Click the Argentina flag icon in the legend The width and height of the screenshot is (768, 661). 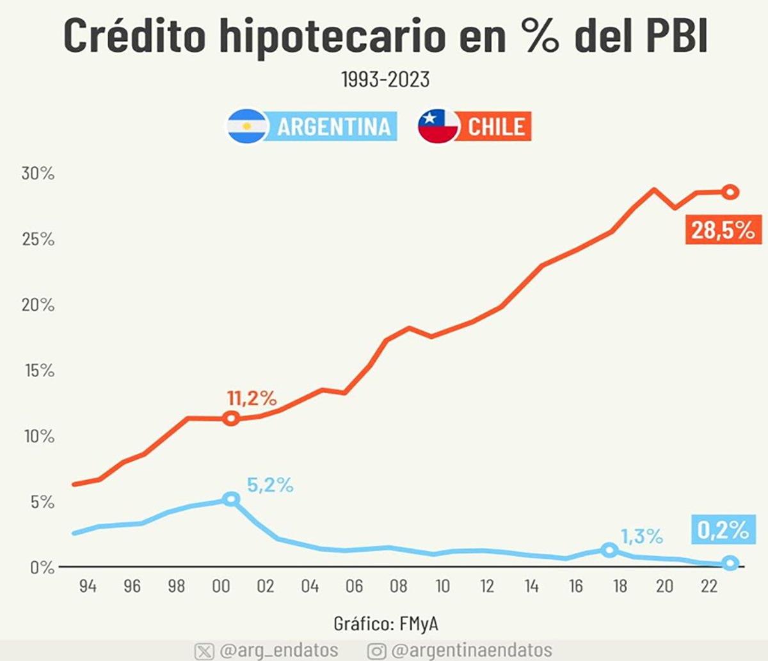coord(247,126)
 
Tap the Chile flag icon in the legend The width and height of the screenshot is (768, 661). coord(438,126)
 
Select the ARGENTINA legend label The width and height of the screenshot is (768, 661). coord(333,127)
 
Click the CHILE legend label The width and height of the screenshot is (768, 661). coord(496,127)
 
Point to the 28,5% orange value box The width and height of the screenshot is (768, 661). coord(723,229)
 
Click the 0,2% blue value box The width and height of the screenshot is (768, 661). coord(723,529)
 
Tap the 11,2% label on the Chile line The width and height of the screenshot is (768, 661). coord(252,399)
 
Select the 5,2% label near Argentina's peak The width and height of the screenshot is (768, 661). coord(270,486)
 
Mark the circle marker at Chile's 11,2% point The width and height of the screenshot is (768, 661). coord(231,419)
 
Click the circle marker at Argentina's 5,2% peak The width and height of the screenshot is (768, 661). coord(231,499)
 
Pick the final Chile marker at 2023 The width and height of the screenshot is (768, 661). coord(730,192)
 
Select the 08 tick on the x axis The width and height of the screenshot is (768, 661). coord(398,586)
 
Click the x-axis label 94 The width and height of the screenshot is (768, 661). coord(88,586)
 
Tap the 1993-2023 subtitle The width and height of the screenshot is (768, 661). coord(385,80)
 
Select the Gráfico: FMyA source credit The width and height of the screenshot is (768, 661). coord(385,624)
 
